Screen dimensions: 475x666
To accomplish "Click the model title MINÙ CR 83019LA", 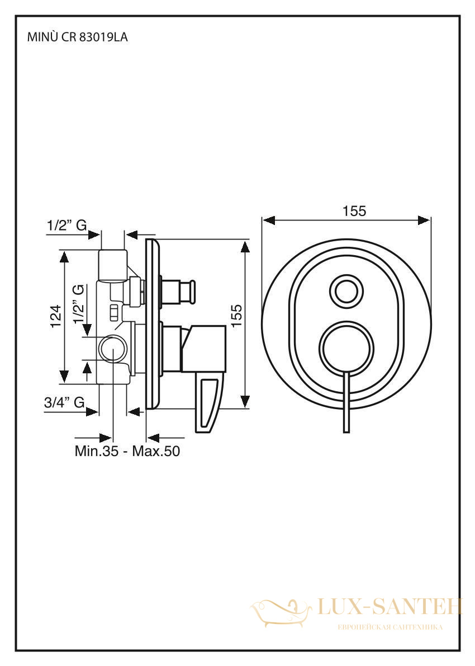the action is (77, 37).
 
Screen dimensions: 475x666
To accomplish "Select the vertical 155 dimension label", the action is (236, 315).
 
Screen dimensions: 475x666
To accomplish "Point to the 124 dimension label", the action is (56, 316).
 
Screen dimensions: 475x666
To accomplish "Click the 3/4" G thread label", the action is (64, 402).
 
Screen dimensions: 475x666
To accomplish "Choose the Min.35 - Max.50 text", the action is (127, 451).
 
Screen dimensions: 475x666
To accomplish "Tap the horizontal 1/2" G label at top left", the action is (67, 226).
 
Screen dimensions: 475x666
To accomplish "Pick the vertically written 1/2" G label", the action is (78, 304).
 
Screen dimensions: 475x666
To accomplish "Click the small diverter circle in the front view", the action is (346, 292).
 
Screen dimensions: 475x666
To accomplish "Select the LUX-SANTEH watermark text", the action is (389, 607).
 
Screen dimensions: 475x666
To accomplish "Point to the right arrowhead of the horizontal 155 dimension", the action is (424, 220).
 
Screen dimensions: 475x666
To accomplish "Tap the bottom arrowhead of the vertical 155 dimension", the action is (245, 402).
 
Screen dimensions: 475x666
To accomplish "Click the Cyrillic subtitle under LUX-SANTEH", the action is (389, 627).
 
